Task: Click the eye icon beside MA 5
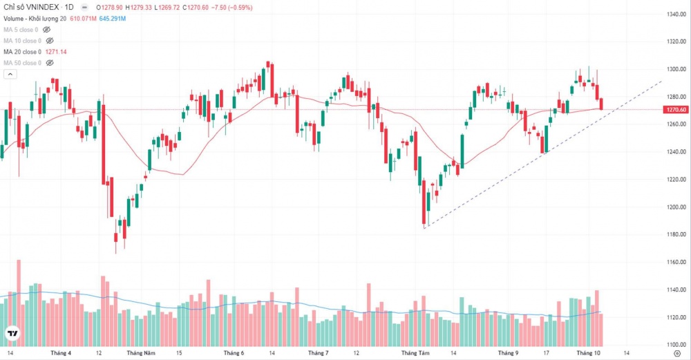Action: point(48,30)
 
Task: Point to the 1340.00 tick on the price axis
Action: point(676,14)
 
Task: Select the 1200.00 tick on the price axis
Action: point(676,207)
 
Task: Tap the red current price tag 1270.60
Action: point(675,110)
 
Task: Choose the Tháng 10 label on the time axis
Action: point(587,352)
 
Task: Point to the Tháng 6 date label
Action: point(234,352)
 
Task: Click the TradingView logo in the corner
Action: point(12,334)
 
